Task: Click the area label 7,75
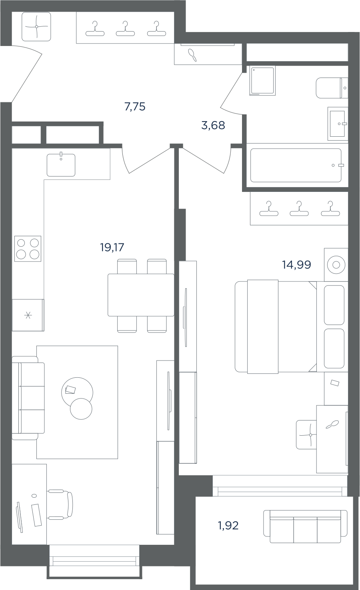(135, 107)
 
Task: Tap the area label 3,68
(213, 126)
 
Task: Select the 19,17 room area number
(112, 247)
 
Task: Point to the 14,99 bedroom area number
(296, 265)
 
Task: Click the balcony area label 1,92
(228, 526)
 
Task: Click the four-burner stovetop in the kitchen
(28, 249)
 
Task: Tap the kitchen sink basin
(61, 165)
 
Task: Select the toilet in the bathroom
(332, 88)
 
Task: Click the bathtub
(296, 165)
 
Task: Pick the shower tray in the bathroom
(262, 80)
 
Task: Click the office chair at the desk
(60, 505)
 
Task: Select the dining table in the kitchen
(141, 295)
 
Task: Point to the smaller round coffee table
(81, 409)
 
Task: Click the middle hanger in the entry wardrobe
(125, 29)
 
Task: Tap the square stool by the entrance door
(36, 26)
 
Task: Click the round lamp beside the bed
(336, 265)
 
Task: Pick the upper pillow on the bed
(334, 305)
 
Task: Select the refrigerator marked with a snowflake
(28, 315)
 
